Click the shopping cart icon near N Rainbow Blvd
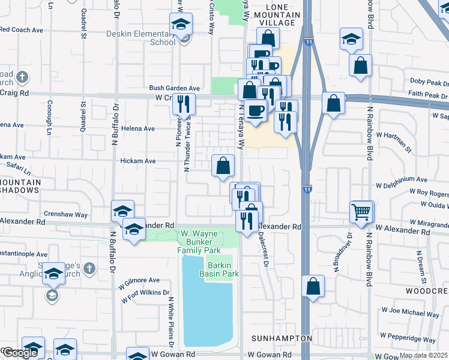(x=360, y=212)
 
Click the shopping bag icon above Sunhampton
(x=313, y=286)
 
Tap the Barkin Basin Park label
(x=223, y=269)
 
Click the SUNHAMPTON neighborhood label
(x=282, y=338)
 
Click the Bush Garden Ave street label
(x=174, y=88)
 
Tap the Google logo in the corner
(x=20, y=353)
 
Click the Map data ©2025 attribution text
(x=423, y=355)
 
